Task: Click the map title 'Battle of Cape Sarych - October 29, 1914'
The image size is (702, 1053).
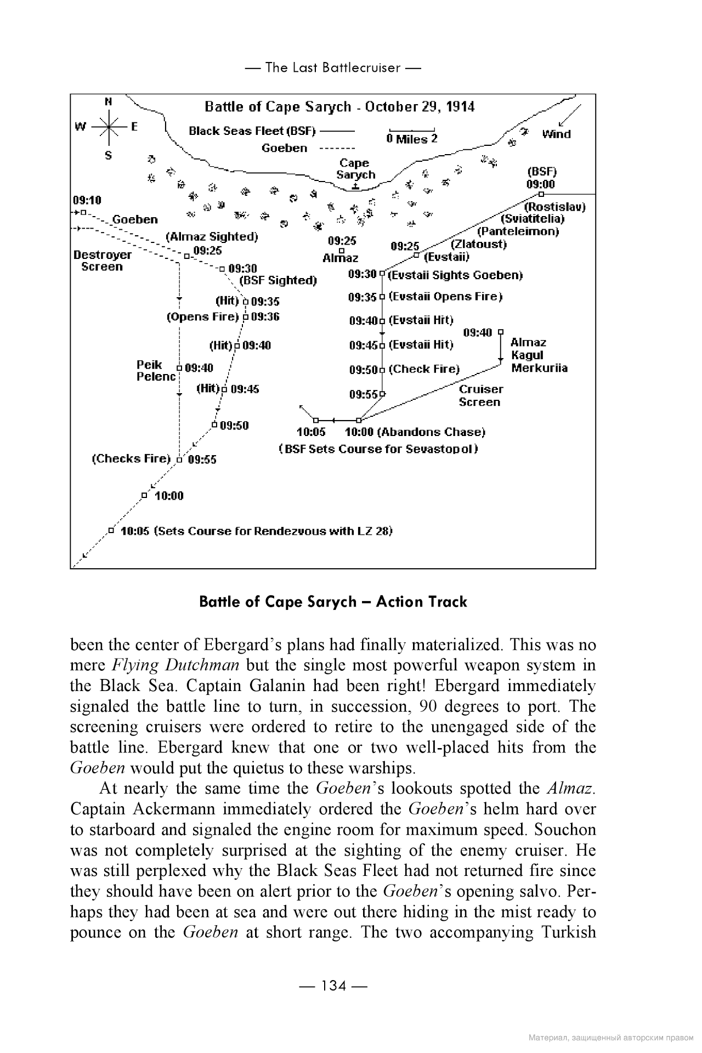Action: click(x=339, y=106)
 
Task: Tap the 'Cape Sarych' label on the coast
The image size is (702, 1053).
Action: click(x=355, y=169)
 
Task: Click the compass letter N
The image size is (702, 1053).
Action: click(x=109, y=101)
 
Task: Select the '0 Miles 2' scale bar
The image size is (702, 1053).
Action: click(x=412, y=135)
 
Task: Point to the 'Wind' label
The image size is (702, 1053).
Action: click(x=556, y=134)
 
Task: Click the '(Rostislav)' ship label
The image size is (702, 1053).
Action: click(x=554, y=207)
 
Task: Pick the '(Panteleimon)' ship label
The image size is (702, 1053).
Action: click(x=518, y=231)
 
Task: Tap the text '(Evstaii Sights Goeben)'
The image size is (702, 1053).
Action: click(x=455, y=275)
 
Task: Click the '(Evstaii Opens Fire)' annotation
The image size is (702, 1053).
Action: click(x=445, y=297)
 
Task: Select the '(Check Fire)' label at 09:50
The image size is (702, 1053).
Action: click(x=424, y=369)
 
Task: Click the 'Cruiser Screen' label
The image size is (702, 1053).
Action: click(x=480, y=395)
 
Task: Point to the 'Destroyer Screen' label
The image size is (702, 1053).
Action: click(x=102, y=261)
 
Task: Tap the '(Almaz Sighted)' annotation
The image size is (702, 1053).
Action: click(x=212, y=237)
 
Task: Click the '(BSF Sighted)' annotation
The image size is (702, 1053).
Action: click(x=279, y=281)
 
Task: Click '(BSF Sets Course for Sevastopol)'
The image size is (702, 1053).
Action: click(x=378, y=449)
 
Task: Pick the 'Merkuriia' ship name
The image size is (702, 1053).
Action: click(x=539, y=368)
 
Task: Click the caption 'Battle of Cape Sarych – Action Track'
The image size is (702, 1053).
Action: click(x=333, y=602)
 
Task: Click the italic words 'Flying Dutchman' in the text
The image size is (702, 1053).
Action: click(x=175, y=665)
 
